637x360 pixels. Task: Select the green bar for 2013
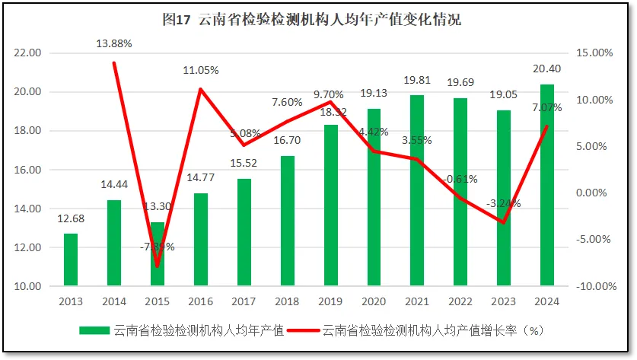pos(70,260)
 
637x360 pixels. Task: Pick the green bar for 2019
pos(330,205)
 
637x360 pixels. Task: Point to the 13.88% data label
pos(114,44)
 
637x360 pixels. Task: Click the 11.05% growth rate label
pos(201,70)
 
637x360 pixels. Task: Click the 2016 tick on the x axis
pos(200,301)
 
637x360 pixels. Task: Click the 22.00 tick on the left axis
pos(27,53)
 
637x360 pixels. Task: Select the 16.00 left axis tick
pos(27,170)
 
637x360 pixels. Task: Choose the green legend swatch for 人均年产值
pos(94,330)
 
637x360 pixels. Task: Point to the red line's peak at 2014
pos(114,63)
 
